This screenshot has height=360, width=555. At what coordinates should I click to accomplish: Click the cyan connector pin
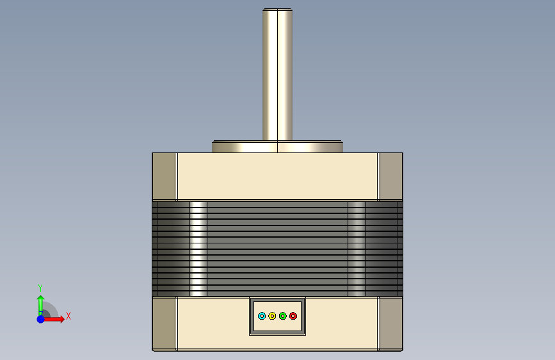262,316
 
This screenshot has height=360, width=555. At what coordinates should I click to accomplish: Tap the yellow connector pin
272,316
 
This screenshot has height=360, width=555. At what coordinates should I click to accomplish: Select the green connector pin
282,316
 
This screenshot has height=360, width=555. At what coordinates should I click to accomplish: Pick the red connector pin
293,316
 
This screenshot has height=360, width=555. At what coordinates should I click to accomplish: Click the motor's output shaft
278,74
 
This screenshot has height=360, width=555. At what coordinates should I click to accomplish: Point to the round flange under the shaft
278,147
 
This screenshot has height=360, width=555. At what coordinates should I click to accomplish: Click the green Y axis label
40,288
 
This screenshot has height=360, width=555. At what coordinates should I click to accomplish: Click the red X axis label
68,316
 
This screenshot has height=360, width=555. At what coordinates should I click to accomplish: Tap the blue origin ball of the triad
41,319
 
